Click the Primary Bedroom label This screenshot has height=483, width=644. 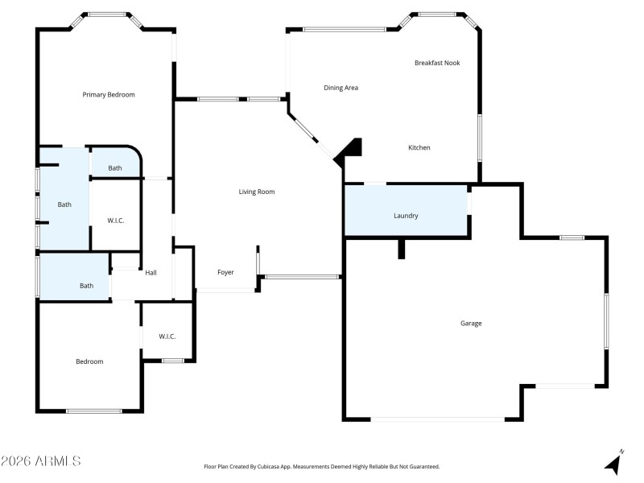coord(109,95)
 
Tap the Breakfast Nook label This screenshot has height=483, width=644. coord(437,63)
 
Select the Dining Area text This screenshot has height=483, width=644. coord(341,88)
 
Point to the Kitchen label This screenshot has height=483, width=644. coord(419,148)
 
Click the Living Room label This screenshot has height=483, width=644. coord(257,192)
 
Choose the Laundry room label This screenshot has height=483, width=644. coord(406,216)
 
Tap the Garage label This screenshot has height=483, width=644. coord(471,324)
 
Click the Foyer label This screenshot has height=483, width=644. coord(226,273)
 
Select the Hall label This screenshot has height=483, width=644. coord(151,273)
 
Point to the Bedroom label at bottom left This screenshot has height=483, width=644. coord(89,361)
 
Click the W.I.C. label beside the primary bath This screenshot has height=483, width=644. coord(116,221)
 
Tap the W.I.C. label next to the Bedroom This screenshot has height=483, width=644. coord(167,336)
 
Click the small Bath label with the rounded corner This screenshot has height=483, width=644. coord(115,168)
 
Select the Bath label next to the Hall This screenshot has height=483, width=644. coord(86,286)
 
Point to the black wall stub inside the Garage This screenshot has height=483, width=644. coord(400,249)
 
